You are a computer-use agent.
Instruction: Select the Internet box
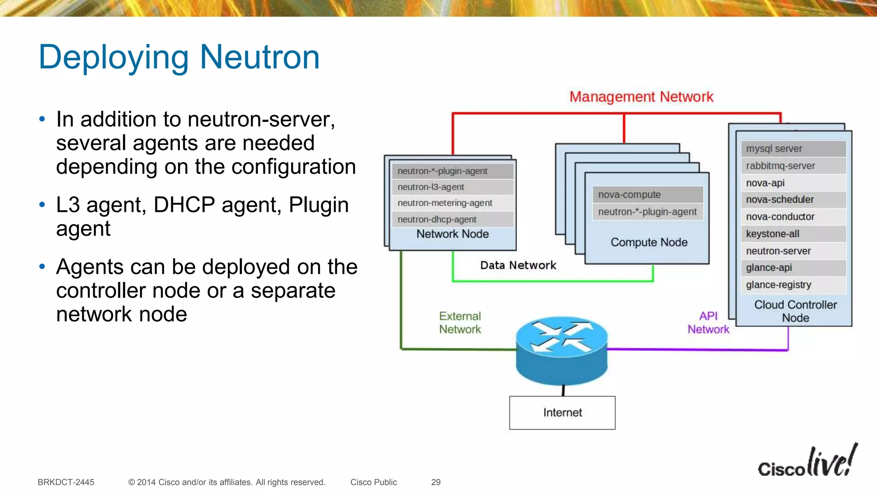pyautogui.click(x=562, y=413)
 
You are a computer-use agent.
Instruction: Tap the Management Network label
pyautogui.click(x=641, y=97)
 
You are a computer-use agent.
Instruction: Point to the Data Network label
pyautogui.click(x=518, y=265)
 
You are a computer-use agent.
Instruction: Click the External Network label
pyautogui.click(x=460, y=323)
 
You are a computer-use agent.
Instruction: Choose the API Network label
pyautogui.click(x=708, y=323)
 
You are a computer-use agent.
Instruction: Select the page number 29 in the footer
pyautogui.click(x=436, y=482)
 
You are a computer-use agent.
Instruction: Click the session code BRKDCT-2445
pyautogui.click(x=66, y=482)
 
